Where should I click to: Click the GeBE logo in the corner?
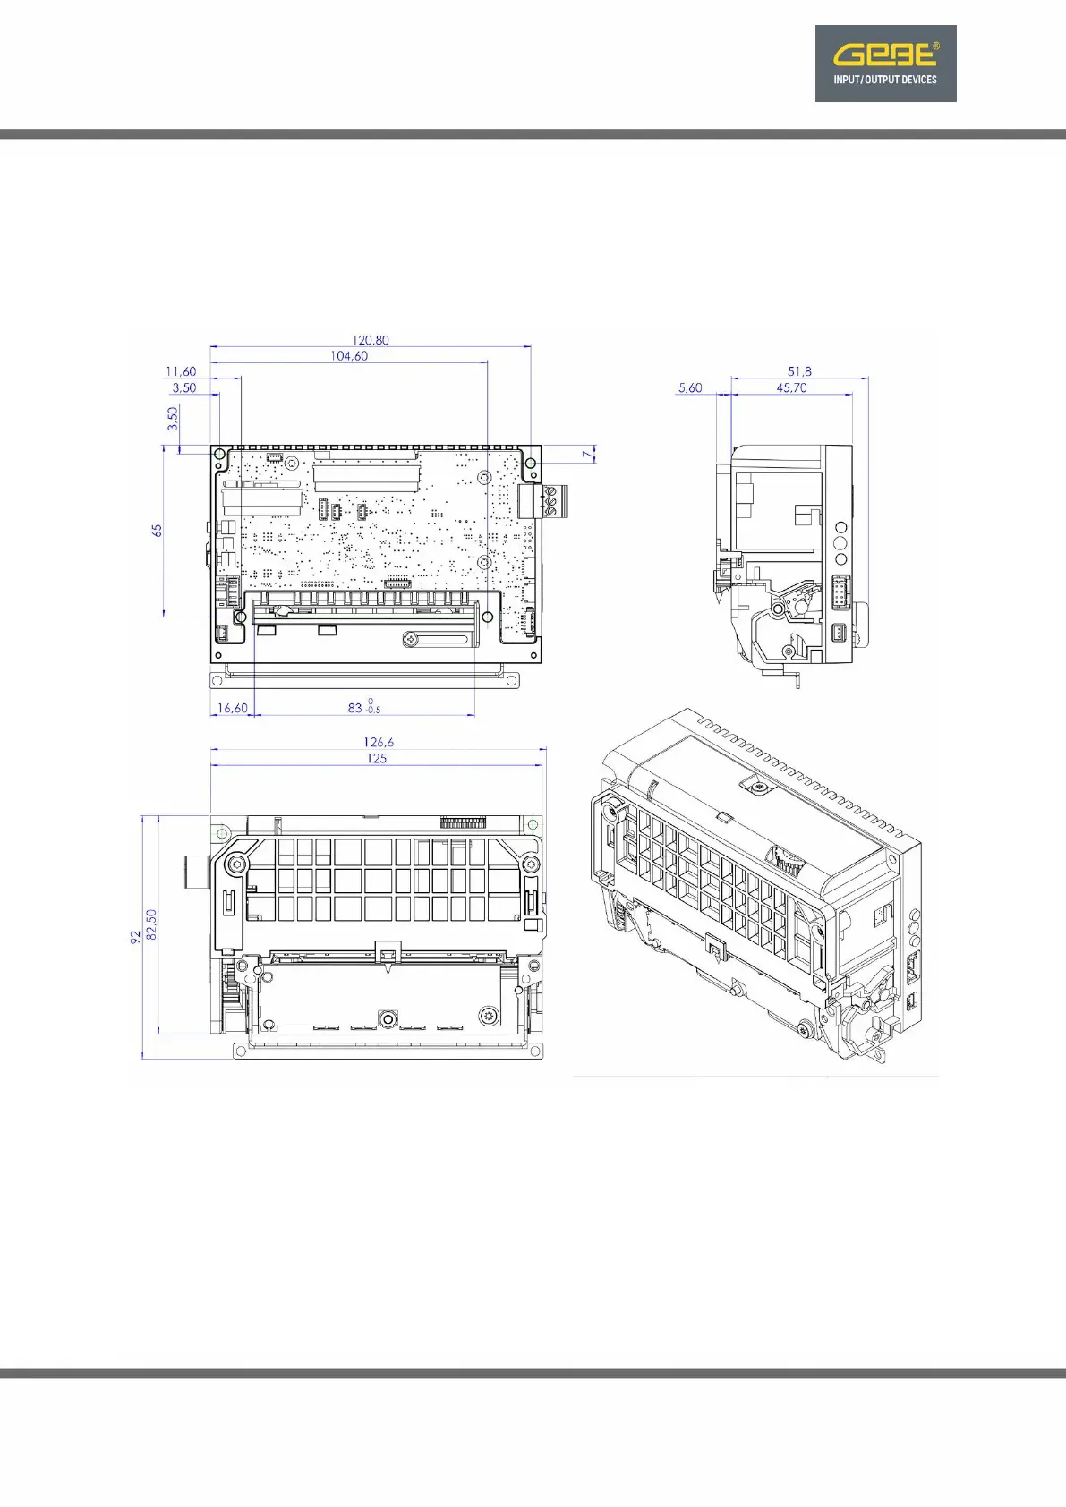click(885, 64)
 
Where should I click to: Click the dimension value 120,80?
click(371, 340)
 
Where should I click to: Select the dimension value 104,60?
click(349, 356)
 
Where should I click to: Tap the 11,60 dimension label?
click(181, 371)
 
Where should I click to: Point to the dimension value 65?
click(158, 530)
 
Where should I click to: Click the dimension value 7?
click(587, 455)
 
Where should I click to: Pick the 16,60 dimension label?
click(232, 708)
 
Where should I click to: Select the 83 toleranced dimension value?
click(364, 707)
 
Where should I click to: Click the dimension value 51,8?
click(799, 371)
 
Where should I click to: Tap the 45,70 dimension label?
click(791, 387)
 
